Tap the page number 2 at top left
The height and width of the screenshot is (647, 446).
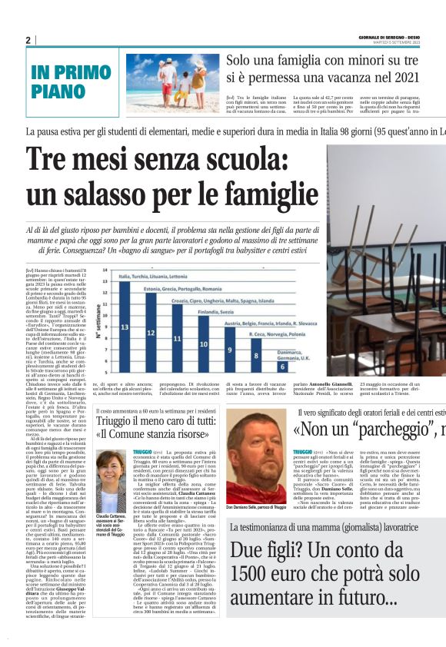coord(28,40)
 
